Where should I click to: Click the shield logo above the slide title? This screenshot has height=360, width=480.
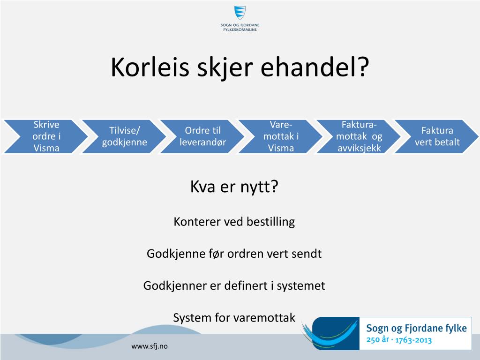(x=240, y=13)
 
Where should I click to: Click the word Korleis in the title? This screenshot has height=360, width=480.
(x=150, y=67)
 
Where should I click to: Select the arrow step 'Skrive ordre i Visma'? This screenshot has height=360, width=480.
(x=46, y=136)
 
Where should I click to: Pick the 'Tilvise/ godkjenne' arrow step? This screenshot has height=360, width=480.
(x=124, y=136)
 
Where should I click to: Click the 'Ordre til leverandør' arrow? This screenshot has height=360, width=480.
(x=202, y=136)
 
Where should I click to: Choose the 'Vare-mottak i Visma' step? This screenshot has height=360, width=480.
(x=281, y=136)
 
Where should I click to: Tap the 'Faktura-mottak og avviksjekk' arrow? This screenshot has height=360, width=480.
(x=359, y=136)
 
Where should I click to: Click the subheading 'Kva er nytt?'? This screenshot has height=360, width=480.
(x=234, y=187)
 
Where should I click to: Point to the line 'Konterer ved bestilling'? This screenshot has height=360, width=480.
(x=234, y=222)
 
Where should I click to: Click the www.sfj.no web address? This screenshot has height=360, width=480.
(x=150, y=346)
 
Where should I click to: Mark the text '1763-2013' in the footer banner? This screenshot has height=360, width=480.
(x=413, y=340)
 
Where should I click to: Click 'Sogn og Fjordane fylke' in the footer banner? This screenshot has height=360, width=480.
(x=416, y=328)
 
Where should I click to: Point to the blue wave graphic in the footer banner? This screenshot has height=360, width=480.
(x=330, y=334)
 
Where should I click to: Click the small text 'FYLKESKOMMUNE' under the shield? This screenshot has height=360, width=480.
(x=240, y=30)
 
